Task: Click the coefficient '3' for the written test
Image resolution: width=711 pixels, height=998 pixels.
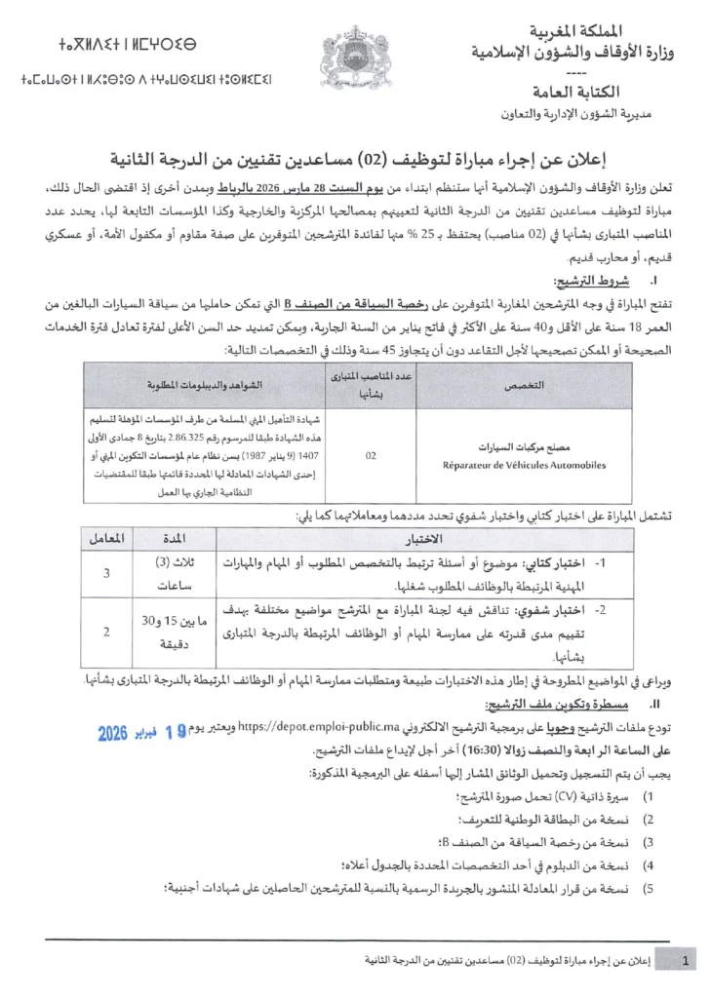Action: pos(105,574)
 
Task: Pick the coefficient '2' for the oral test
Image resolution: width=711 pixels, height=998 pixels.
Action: pos(105,632)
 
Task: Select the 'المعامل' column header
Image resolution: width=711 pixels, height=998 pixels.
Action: pos(105,538)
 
